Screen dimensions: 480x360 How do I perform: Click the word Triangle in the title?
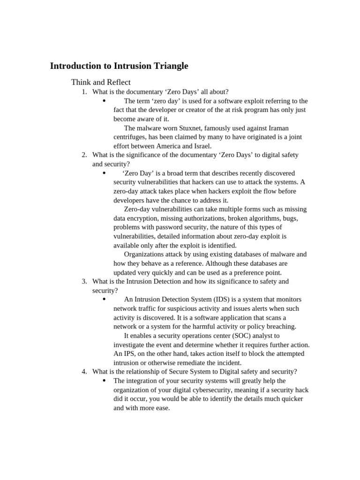pos(167,66)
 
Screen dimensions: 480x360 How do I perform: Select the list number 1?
pos(84,92)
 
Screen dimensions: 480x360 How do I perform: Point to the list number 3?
pos(84,281)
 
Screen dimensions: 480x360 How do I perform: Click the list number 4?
pos(84,372)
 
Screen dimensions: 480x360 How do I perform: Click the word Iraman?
pos(276,128)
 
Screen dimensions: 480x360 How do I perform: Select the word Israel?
pos(202,146)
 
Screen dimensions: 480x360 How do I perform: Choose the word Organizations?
pos(146,255)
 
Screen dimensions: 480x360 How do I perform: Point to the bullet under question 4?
pos(104,381)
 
